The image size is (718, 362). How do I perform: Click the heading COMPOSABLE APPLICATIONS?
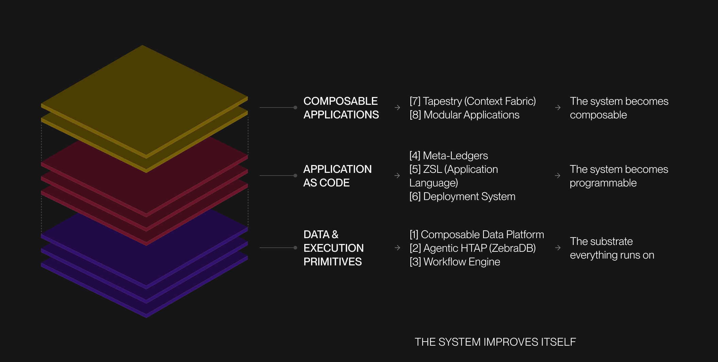(x=341, y=108)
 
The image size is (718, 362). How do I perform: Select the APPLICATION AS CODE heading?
(x=337, y=176)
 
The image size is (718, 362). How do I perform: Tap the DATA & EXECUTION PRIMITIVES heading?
(x=334, y=248)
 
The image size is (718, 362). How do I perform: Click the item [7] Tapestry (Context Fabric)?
(x=473, y=101)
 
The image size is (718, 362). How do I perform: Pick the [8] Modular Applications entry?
(x=464, y=115)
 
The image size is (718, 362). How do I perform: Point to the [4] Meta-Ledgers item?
(x=448, y=155)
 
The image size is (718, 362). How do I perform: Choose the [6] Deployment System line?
(x=462, y=196)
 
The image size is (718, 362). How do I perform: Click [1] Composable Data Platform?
(x=477, y=234)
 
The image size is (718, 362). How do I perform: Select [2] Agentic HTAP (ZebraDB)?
(x=473, y=248)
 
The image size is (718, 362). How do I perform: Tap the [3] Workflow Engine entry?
(x=455, y=262)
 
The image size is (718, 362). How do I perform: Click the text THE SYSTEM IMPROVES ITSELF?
(x=495, y=342)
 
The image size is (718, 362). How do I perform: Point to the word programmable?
(x=603, y=183)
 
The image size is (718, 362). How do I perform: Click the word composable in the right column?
(x=598, y=115)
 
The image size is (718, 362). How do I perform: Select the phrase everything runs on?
(x=612, y=255)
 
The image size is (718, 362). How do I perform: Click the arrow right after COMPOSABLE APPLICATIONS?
(x=397, y=108)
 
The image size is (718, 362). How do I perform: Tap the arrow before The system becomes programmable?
(x=558, y=176)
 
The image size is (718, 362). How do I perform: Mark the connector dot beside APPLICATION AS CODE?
(x=295, y=176)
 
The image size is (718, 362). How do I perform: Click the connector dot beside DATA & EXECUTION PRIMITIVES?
(x=295, y=248)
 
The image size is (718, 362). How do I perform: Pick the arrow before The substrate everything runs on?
(x=558, y=248)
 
